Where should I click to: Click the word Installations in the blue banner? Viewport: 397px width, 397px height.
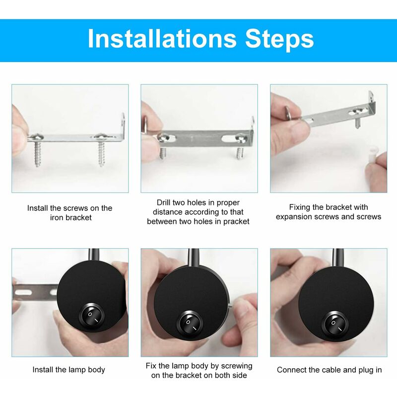(162, 39)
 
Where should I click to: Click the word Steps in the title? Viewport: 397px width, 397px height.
(279, 39)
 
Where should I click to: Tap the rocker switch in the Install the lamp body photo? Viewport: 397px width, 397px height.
(92, 316)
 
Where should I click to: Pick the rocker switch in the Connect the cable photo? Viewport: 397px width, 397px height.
(336, 325)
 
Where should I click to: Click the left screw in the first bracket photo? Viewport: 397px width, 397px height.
(38, 150)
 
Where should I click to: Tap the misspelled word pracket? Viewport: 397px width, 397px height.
(236, 221)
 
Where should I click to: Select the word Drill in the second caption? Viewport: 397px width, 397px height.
(163, 202)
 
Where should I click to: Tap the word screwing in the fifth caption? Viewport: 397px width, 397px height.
(236, 366)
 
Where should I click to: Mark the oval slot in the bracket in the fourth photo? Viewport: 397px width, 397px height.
(23, 293)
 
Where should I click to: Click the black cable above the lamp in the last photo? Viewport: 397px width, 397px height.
(338, 258)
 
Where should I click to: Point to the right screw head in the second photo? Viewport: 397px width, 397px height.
(241, 138)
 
